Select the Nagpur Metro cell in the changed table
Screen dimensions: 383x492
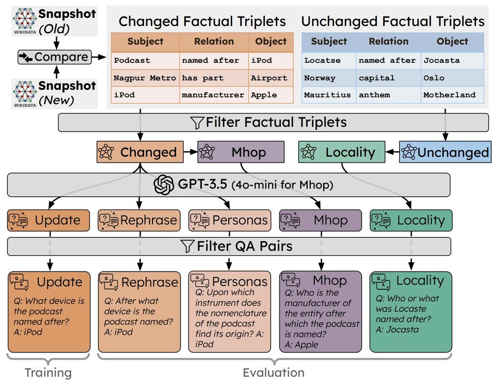pyautogui.click(x=145, y=78)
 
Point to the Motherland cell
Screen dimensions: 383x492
pyautogui.click(x=449, y=95)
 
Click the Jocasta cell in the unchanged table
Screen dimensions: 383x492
pyautogui.click(x=441, y=60)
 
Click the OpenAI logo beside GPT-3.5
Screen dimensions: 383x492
pyautogui.click(x=164, y=186)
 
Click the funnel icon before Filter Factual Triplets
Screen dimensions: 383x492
pyautogui.click(x=197, y=123)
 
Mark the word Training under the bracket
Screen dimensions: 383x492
pyautogui.click(x=48, y=373)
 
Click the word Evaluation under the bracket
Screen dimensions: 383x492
pyautogui.click(x=273, y=373)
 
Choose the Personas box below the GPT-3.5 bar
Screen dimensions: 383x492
pyautogui.click(x=229, y=220)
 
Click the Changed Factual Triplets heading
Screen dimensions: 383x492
pyautogui.click(x=202, y=21)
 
